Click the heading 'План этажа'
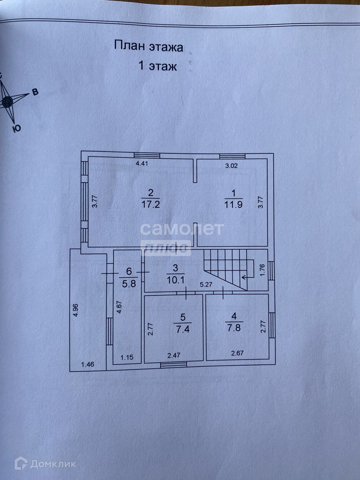point(148,47)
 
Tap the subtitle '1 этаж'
point(157,66)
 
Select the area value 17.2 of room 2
point(151,204)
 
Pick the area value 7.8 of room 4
point(233,327)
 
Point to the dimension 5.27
point(206,285)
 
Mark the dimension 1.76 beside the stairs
point(262,270)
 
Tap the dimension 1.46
point(88,363)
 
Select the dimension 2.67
point(238,353)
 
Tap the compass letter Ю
point(16,129)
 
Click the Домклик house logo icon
point(20,463)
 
